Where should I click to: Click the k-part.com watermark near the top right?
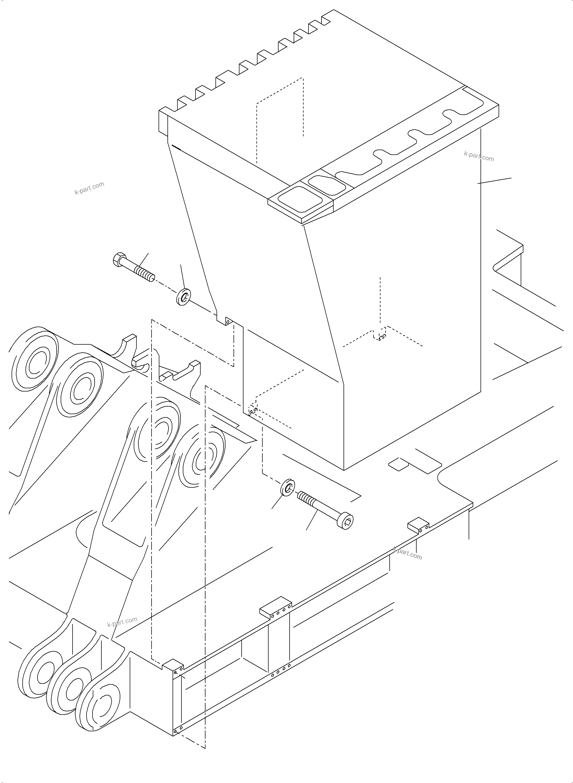479,156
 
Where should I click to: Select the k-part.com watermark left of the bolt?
89,188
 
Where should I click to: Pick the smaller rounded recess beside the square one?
327,185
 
